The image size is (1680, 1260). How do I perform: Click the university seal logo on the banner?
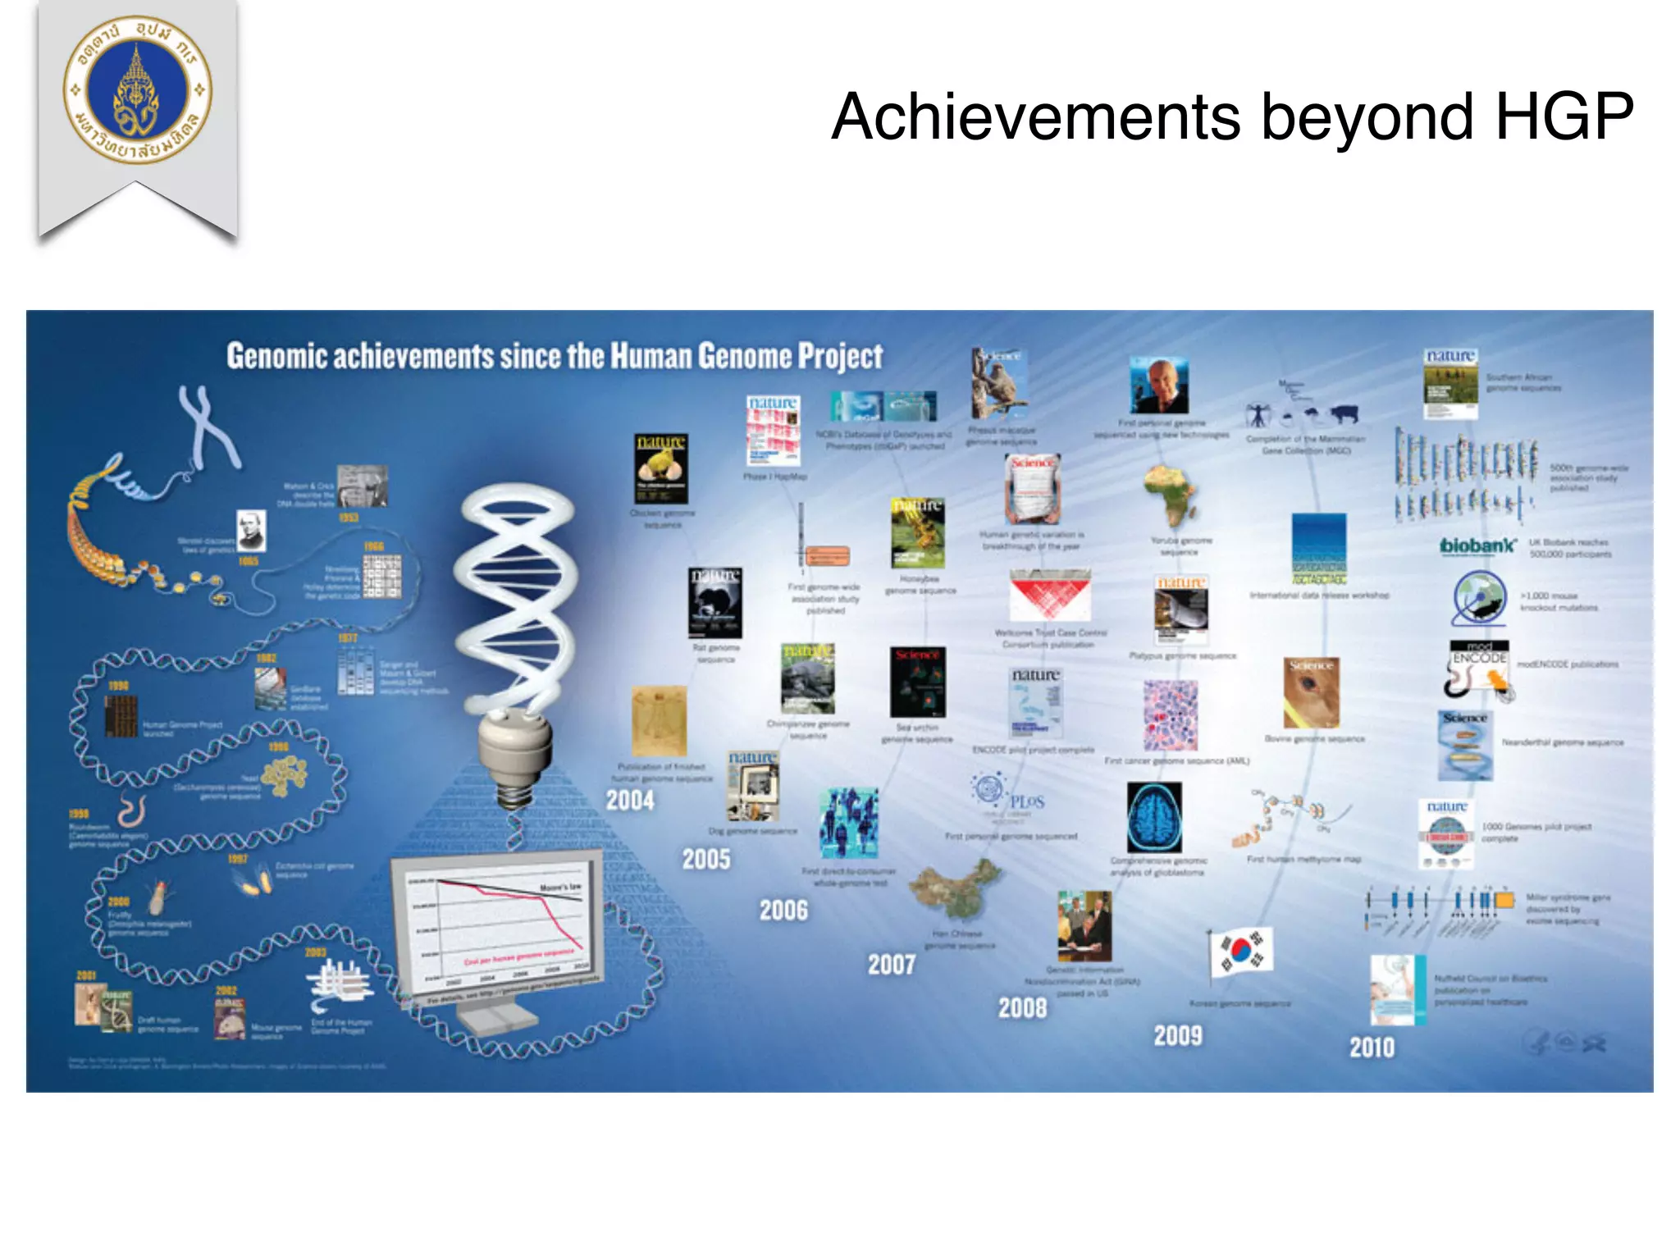tap(138, 89)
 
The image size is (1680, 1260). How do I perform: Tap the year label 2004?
tap(630, 801)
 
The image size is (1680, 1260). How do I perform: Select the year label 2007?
tap(891, 964)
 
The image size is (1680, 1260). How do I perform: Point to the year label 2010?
tap(1372, 1048)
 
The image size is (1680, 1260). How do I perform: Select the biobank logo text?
tap(1478, 546)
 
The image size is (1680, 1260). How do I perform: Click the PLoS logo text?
tap(1026, 801)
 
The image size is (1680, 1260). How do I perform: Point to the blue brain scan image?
tap(1154, 818)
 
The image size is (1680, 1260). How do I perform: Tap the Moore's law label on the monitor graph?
tap(560, 888)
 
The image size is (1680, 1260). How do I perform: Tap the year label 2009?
tap(1177, 1035)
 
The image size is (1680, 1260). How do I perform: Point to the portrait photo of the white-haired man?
tap(1158, 386)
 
